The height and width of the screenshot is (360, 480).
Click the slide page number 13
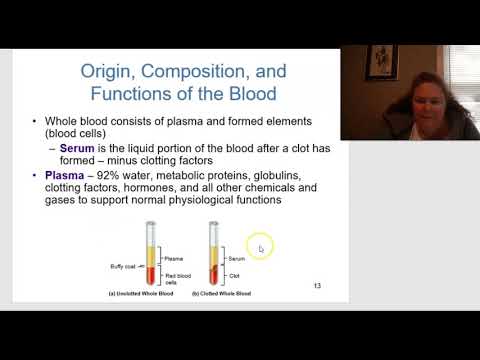pyautogui.click(x=317, y=287)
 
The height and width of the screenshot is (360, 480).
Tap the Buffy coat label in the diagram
pyautogui.click(x=124, y=267)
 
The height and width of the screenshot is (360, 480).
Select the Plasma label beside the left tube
pyautogui.click(x=173, y=258)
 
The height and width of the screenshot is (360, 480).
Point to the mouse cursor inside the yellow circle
pyautogui.click(x=260, y=248)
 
